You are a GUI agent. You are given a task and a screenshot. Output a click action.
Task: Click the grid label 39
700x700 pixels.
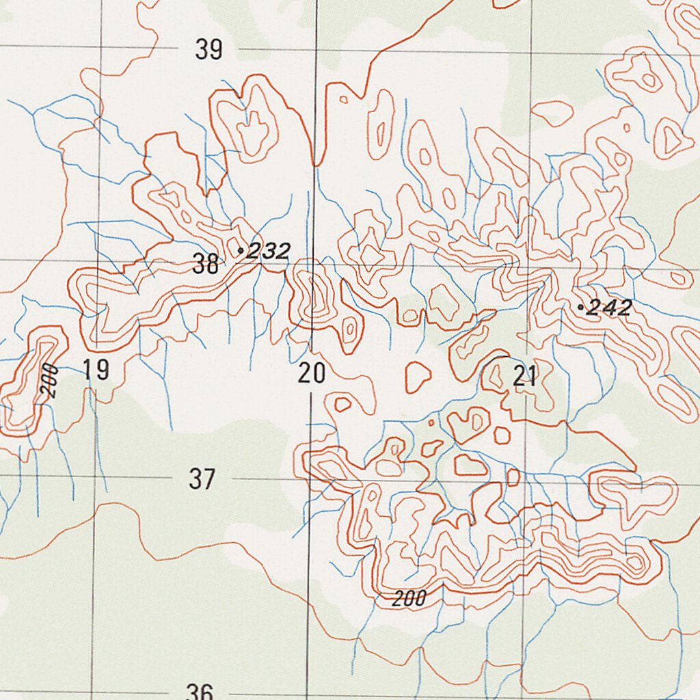[208, 50]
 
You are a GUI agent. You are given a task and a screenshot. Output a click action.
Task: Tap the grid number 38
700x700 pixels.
[206, 264]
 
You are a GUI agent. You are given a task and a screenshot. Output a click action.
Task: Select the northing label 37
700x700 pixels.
[202, 479]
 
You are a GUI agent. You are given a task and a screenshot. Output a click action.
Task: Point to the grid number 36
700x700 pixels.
[200, 691]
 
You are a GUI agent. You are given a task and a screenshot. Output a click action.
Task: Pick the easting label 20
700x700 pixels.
[312, 374]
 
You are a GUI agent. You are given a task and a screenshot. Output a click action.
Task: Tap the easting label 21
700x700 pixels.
[525, 377]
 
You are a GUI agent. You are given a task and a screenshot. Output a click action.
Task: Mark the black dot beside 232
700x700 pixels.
[240, 251]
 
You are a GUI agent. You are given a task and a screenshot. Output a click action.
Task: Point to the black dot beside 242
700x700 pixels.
[580, 308]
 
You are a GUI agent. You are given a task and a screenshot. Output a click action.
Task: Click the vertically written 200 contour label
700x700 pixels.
[49, 383]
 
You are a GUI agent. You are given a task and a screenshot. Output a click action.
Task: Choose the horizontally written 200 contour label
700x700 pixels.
[409, 600]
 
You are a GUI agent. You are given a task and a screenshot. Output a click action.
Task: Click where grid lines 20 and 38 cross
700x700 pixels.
[314, 262]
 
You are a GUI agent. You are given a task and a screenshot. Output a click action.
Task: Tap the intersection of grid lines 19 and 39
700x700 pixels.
[102, 47]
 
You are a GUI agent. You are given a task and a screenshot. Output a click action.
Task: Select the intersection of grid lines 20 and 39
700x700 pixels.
[317, 49]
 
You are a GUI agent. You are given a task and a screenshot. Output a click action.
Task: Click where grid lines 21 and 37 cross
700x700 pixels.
[525, 481]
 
